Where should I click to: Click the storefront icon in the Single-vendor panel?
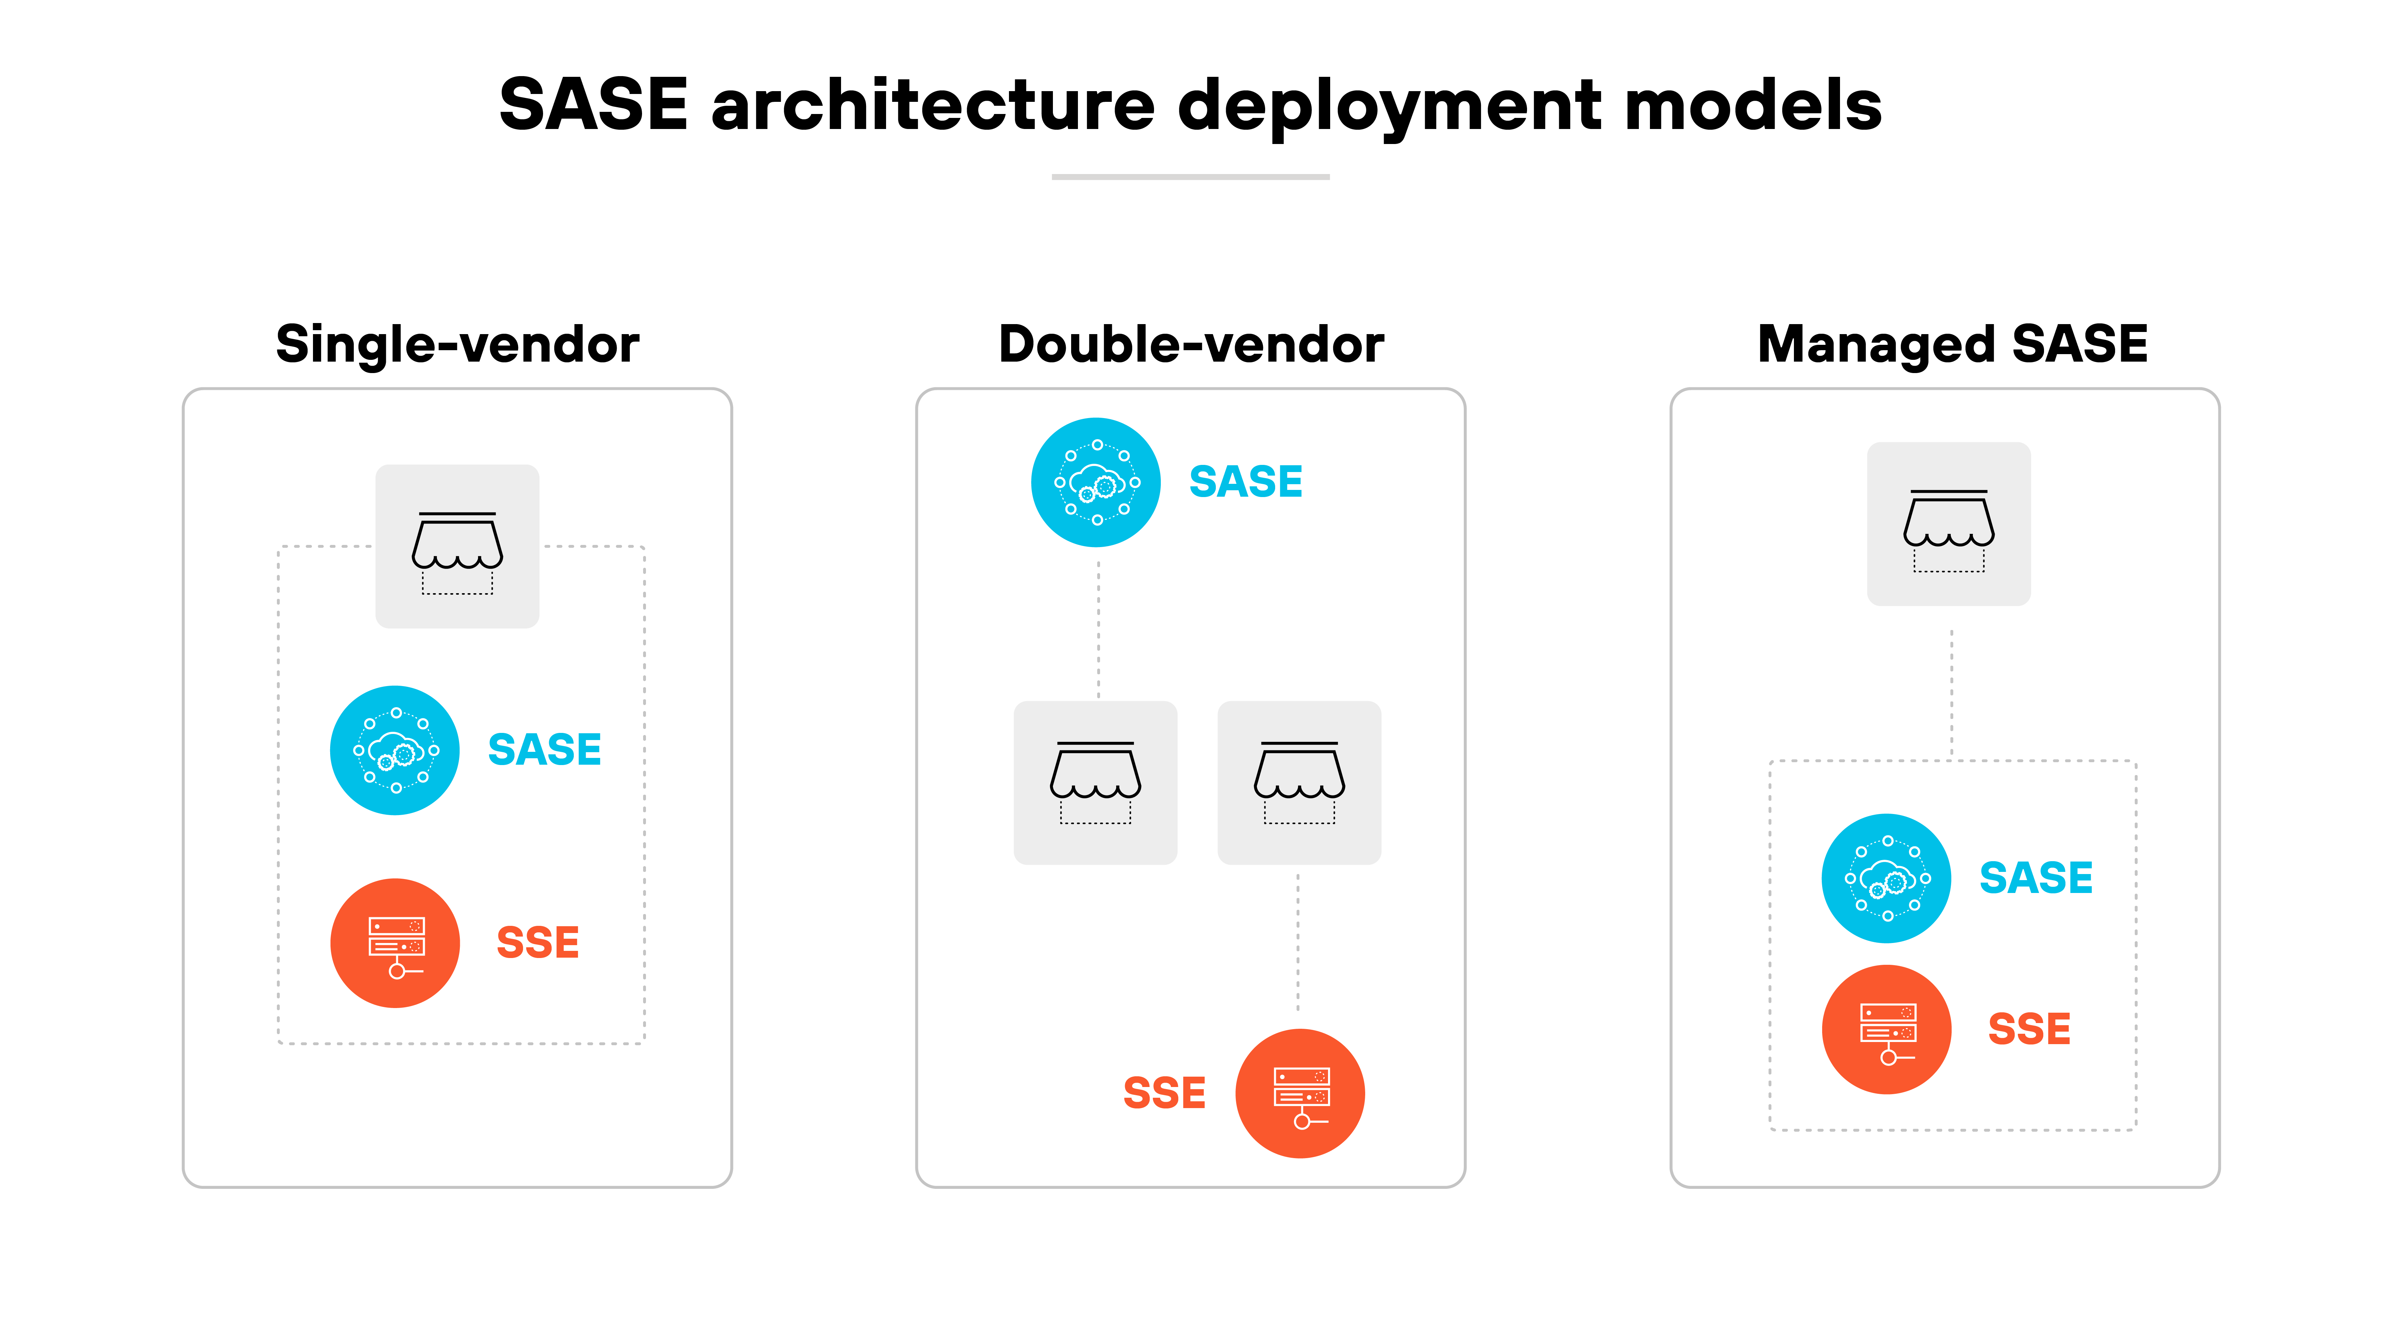(x=457, y=547)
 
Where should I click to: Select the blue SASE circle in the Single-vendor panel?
(x=395, y=750)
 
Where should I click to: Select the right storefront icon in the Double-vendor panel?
(x=1299, y=782)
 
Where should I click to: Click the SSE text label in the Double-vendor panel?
(x=1164, y=1093)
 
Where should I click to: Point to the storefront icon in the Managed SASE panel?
(x=1949, y=524)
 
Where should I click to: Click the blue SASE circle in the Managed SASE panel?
(x=1886, y=879)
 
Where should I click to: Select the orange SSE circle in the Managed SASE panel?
(x=1886, y=1029)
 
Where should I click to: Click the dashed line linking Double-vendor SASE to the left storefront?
(x=1099, y=624)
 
